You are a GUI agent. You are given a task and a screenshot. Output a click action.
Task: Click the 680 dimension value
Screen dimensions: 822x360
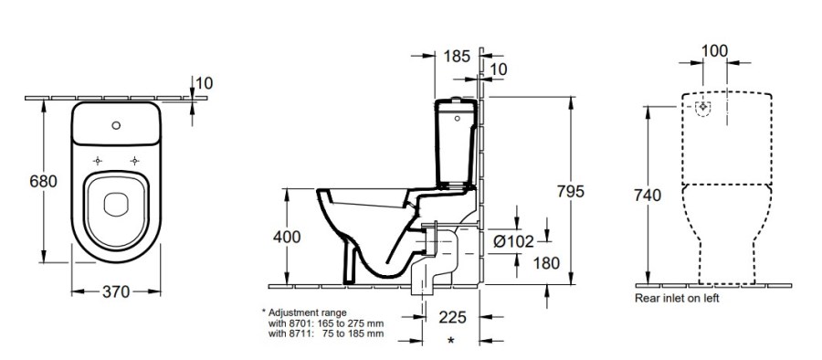43,182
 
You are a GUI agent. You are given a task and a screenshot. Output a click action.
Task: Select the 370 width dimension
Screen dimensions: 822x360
115,291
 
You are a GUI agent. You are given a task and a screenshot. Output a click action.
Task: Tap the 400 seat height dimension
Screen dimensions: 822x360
287,237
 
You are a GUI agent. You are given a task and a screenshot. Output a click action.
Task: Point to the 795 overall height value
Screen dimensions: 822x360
570,192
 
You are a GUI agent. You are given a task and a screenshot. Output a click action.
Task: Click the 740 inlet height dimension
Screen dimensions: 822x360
648,196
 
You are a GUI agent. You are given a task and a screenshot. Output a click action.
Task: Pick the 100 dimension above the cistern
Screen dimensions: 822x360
714,51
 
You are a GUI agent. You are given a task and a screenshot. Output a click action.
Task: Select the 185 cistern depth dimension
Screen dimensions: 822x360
457,56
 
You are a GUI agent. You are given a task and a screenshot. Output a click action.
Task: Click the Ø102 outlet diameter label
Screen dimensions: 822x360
513,241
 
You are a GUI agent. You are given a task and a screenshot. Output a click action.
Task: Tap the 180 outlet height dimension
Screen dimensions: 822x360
546,263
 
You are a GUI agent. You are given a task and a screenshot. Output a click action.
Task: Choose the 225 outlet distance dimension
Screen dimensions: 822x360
452,317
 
